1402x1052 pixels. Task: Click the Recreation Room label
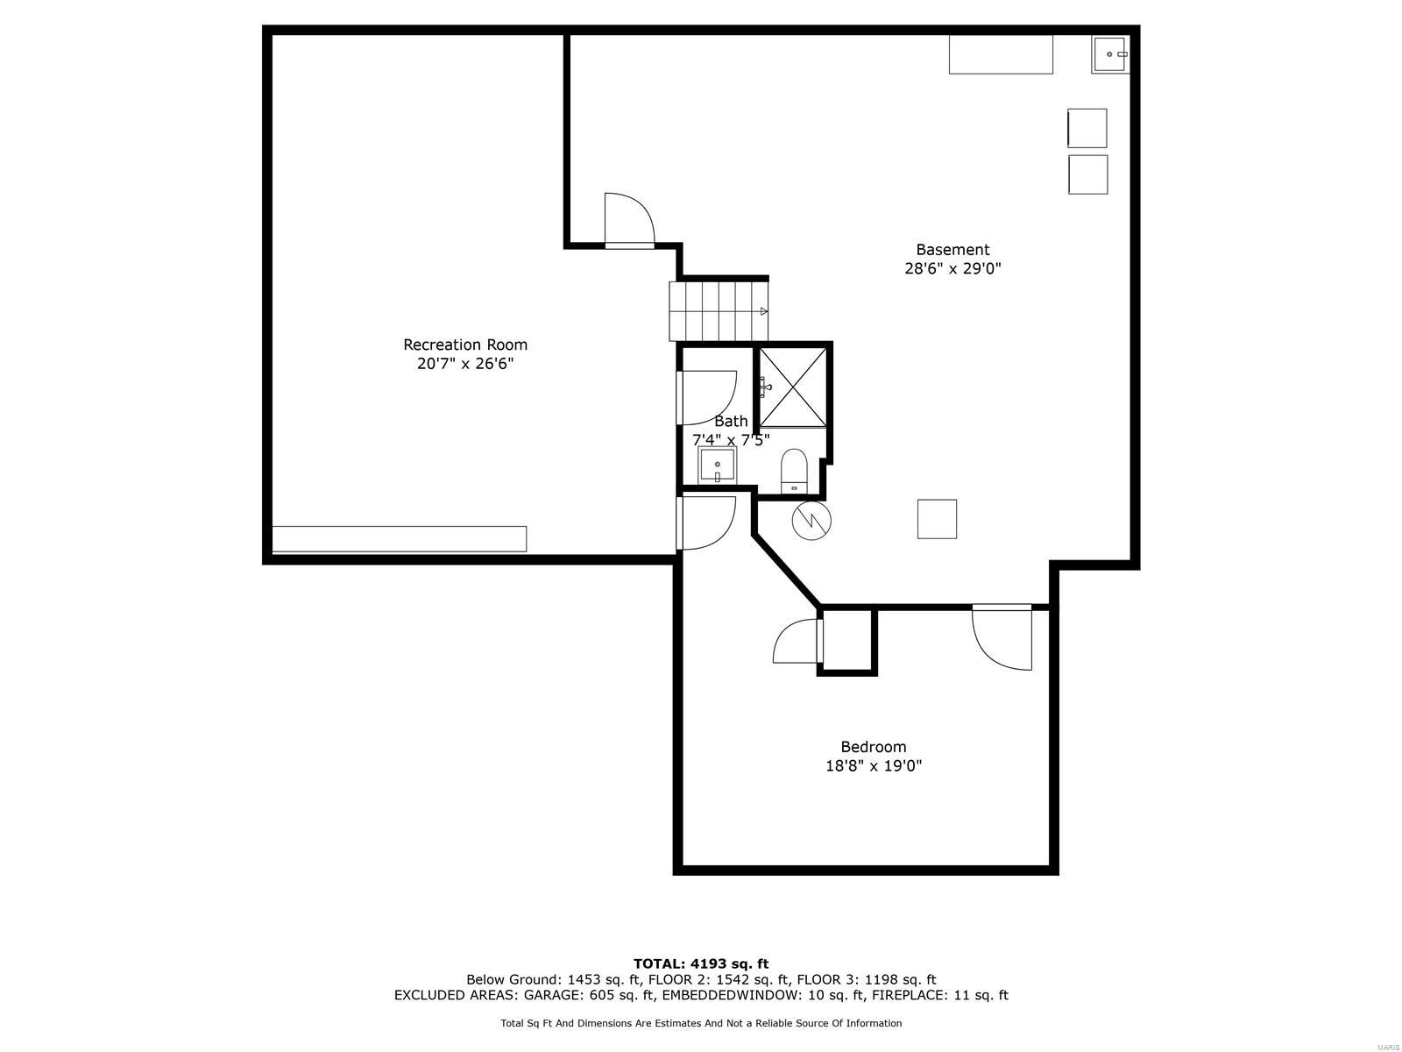(465, 345)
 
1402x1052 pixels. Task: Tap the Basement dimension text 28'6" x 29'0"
(952, 269)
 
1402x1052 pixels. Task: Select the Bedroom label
(873, 747)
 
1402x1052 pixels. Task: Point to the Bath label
(731, 421)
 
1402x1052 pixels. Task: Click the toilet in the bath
(794, 471)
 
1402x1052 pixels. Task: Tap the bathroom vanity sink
(718, 465)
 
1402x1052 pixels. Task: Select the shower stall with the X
(792, 387)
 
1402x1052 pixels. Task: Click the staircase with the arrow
(719, 311)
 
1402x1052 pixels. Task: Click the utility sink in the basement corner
(1110, 54)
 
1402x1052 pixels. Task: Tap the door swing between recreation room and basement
(628, 219)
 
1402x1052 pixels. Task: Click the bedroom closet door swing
(796, 642)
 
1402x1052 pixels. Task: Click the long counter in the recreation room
(400, 538)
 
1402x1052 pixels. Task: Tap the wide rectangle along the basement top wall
(1001, 54)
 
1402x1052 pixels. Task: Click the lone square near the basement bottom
(937, 519)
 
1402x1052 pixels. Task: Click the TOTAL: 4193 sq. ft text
(701, 963)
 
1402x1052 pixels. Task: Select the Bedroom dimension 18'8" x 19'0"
(873, 766)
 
